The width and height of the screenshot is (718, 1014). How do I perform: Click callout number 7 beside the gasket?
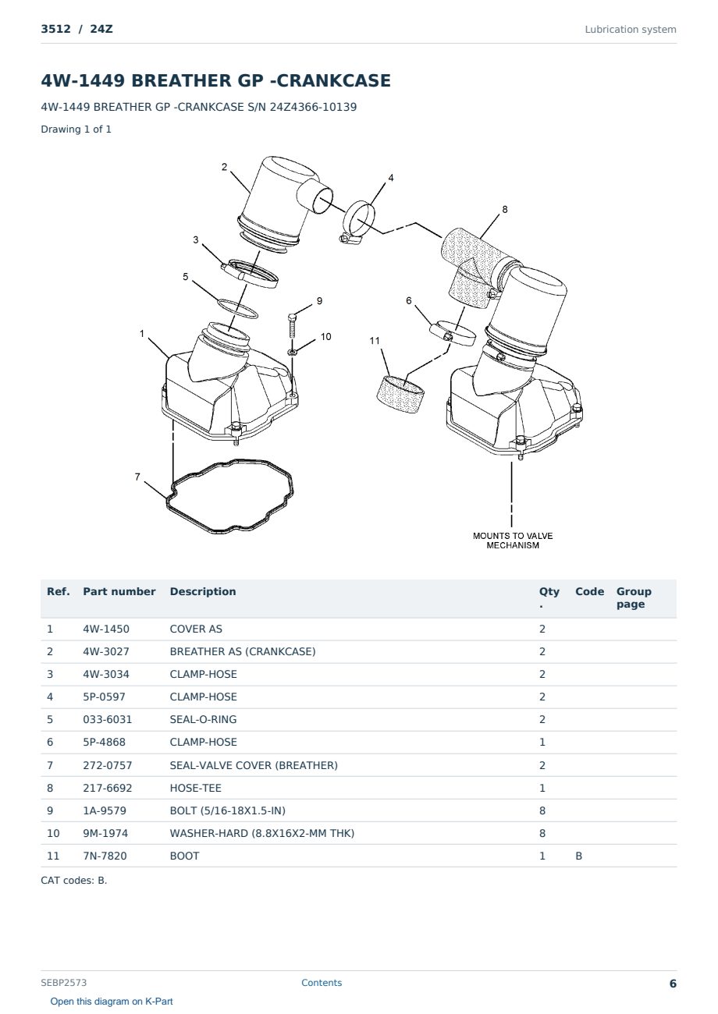point(137,477)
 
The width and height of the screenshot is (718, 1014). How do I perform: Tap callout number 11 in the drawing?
point(374,340)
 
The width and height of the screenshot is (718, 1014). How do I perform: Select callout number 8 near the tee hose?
point(505,209)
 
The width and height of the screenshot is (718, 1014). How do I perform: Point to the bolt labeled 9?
point(292,326)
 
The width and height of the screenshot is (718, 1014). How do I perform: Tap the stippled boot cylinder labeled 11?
point(400,394)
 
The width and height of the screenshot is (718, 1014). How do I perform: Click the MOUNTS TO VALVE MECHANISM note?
point(513,541)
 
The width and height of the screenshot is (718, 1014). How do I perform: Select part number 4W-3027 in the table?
point(106,651)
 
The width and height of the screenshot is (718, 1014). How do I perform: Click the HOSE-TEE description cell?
point(196,788)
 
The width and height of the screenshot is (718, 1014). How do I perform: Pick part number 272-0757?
point(108,765)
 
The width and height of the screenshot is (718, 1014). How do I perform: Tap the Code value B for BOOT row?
point(578,856)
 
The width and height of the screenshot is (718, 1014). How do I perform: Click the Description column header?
point(203,591)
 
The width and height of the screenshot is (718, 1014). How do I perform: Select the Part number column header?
point(119,591)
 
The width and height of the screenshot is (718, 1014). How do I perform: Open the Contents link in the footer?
point(322,983)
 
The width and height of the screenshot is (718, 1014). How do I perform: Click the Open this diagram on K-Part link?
point(112,1002)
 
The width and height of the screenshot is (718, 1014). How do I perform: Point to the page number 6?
point(673,984)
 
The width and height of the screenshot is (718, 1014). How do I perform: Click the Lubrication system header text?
point(631,30)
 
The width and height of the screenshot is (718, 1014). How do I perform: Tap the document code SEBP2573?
point(64,983)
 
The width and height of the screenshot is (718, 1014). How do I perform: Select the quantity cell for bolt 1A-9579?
point(542,810)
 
